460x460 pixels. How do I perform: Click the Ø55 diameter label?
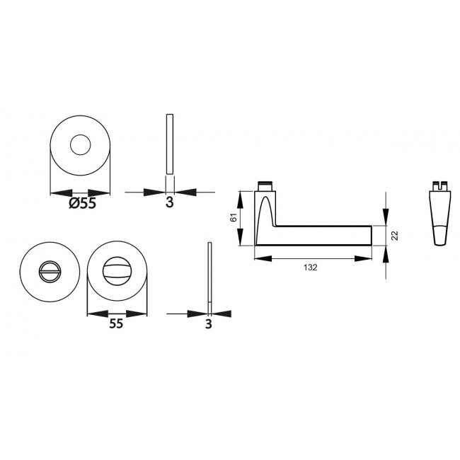click(x=82, y=202)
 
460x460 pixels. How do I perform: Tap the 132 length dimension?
click(x=311, y=268)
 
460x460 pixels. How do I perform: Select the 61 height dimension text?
click(x=234, y=217)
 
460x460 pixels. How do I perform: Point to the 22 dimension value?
click(x=395, y=235)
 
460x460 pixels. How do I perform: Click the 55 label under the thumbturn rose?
click(x=116, y=323)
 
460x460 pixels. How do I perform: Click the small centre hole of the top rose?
click(x=81, y=145)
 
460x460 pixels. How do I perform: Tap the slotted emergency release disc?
click(x=50, y=271)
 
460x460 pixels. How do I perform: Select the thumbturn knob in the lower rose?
click(x=117, y=271)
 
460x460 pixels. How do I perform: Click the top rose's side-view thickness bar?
click(x=170, y=144)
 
